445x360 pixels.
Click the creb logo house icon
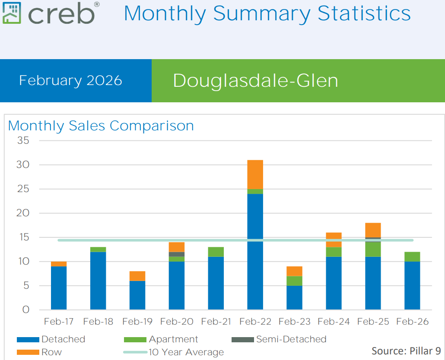click(12, 13)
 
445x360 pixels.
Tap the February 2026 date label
click(70, 81)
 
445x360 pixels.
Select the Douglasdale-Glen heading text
click(255, 81)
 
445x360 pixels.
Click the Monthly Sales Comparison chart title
click(101, 126)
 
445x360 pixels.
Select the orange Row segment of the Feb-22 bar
click(255, 174)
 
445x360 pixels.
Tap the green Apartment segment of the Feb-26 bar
click(412, 257)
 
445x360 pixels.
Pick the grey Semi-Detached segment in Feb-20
click(176, 254)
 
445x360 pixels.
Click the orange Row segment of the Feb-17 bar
click(59, 264)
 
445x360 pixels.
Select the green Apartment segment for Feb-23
click(294, 281)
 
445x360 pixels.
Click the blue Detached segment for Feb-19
click(137, 295)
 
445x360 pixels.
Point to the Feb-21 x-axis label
click(216, 322)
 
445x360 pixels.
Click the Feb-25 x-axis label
click(373, 322)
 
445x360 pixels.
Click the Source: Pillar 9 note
click(406, 351)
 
